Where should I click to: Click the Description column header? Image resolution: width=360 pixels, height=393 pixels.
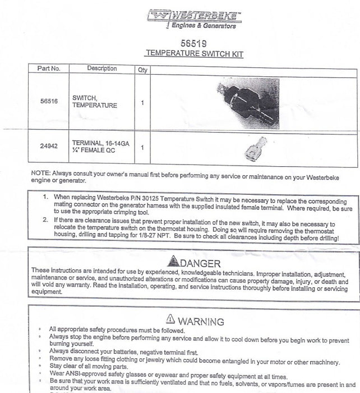102,68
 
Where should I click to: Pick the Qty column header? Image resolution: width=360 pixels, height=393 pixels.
142,70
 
